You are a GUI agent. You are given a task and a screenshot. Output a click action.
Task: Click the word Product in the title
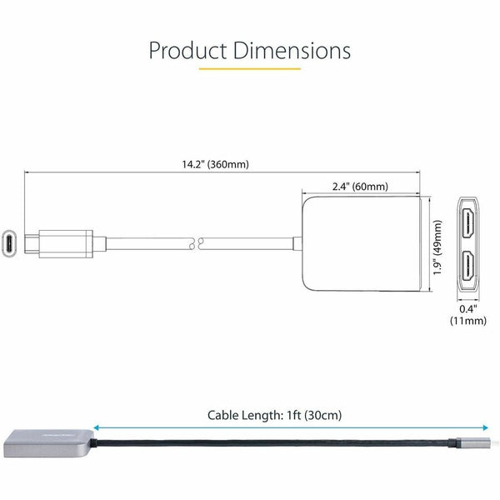[x=187, y=51]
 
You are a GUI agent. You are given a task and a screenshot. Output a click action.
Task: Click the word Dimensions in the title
[x=292, y=51]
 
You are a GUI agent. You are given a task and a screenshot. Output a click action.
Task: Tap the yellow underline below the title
[x=250, y=68]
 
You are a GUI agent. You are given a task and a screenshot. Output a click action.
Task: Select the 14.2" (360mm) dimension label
[x=215, y=164]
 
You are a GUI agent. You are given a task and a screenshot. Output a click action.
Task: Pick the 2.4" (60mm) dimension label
[x=360, y=186]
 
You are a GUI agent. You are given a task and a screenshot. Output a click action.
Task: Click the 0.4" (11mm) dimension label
[x=468, y=314]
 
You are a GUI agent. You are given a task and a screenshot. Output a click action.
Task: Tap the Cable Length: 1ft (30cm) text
[x=274, y=415]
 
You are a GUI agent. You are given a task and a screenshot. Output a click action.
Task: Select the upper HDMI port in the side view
[x=467, y=222]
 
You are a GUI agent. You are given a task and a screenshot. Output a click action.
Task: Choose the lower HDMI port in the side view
[x=467, y=267]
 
